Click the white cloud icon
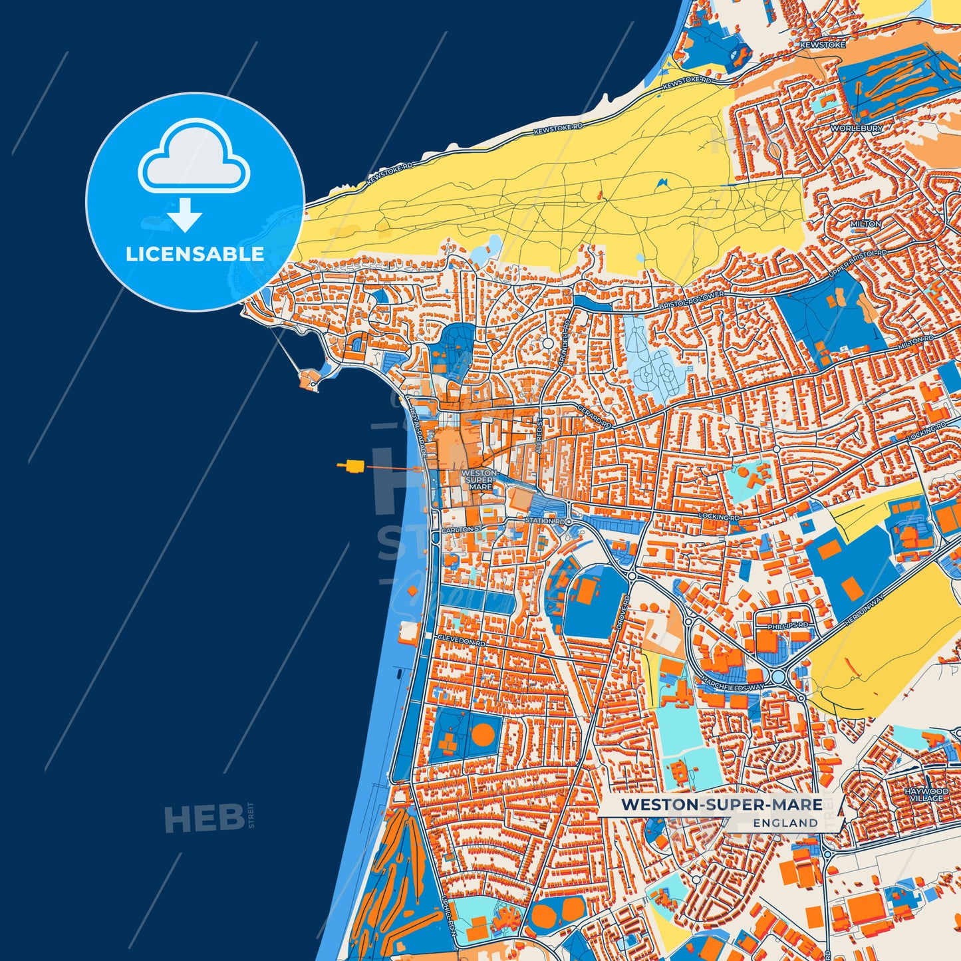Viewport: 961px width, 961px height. pyautogui.click(x=194, y=158)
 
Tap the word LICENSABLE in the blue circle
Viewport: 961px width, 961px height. pyautogui.click(x=195, y=254)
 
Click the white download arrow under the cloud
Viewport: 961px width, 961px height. pyautogui.click(x=185, y=215)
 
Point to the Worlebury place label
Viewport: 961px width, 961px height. pyautogui.click(x=857, y=128)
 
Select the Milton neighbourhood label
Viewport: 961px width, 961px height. pyautogui.click(x=865, y=224)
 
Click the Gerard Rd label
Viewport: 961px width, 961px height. pyautogui.click(x=593, y=416)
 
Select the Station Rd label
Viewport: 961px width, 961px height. pyautogui.click(x=545, y=521)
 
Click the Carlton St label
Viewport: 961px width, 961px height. pyautogui.click(x=461, y=529)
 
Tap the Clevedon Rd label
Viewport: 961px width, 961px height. pyautogui.click(x=462, y=640)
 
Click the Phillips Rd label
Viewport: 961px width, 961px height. pyautogui.click(x=788, y=626)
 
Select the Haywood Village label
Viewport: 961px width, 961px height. pyautogui.click(x=926, y=795)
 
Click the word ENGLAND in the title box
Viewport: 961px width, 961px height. pyautogui.click(x=785, y=823)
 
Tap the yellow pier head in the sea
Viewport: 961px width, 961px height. pyautogui.click(x=351, y=466)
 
